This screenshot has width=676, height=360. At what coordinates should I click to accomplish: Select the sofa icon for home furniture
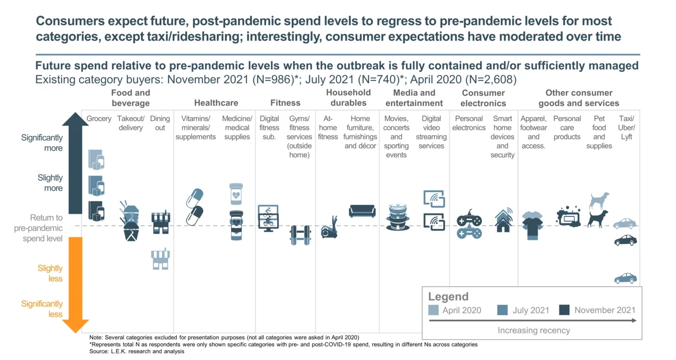362,211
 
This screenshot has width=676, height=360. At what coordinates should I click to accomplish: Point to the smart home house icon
503,220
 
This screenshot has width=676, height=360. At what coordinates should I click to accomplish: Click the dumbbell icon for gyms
300,235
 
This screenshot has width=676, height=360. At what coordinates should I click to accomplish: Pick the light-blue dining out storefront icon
161,259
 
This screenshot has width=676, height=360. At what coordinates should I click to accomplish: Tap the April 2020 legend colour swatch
434,310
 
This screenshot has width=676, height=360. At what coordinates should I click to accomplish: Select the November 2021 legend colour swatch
564,310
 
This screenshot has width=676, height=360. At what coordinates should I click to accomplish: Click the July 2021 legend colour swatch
502,310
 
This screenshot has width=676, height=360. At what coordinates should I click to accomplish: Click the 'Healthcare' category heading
216,103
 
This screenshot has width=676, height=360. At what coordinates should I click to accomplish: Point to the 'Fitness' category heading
285,103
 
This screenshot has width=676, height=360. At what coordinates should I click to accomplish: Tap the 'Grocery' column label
99,119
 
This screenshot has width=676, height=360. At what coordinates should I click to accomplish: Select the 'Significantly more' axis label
42,143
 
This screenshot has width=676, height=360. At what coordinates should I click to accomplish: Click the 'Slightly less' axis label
50,273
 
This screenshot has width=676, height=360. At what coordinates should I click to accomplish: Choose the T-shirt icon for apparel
532,225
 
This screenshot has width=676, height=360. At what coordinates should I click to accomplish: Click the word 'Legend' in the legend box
448,297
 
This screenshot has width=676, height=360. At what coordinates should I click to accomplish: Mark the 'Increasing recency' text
534,330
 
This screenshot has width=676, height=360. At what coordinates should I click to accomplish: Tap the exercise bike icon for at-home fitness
329,227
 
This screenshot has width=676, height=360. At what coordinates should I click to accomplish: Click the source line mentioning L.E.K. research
137,351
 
